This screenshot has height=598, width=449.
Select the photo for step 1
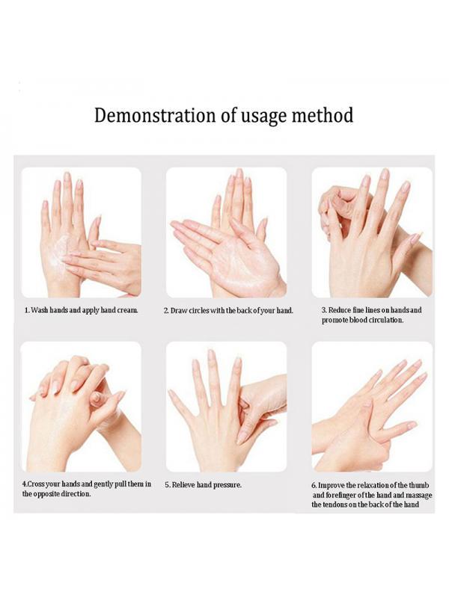(x=81, y=232)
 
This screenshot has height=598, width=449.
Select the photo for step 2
(x=226, y=232)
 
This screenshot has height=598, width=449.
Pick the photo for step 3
(x=372, y=232)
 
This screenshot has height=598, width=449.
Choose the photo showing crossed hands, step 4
(x=81, y=407)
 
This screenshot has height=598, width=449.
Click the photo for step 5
(x=226, y=407)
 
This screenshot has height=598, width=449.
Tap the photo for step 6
(x=372, y=407)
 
